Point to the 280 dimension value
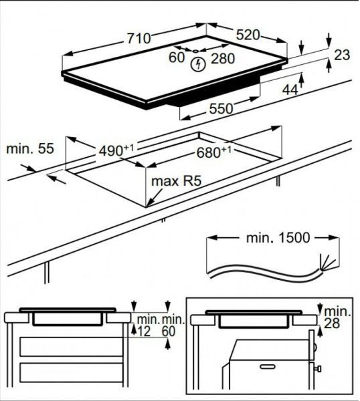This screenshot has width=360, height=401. click(223, 59)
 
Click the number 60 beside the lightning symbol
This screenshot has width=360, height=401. click(177, 58)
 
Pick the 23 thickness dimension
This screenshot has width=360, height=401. click(342, 55)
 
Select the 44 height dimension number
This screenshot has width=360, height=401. click(289, 88)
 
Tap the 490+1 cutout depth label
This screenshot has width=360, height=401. click(114, 151)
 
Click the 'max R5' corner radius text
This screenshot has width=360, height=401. click(177, 181)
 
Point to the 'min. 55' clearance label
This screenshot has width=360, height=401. click(28, 148)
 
